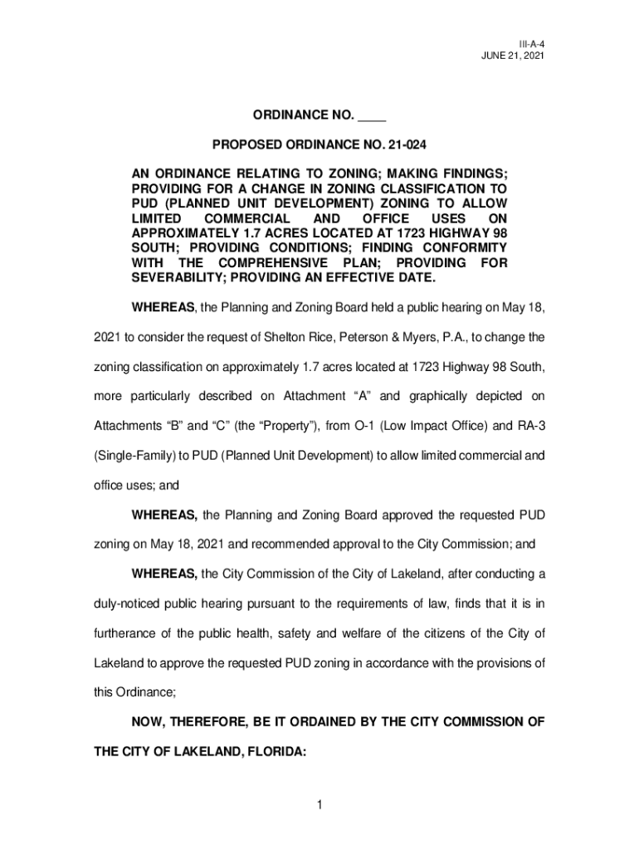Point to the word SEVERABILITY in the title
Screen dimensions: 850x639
[175, 276]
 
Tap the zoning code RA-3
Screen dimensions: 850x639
[528, 424]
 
